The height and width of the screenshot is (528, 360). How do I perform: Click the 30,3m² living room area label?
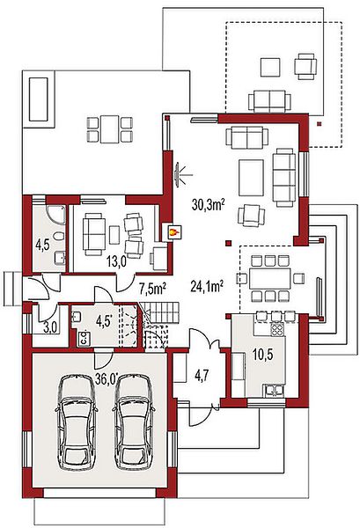coord(208,204)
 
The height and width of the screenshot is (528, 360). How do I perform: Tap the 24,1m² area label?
coord(207,286)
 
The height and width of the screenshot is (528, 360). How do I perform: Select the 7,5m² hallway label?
coord(152,289)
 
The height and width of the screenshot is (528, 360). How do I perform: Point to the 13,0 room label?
coord(116,261)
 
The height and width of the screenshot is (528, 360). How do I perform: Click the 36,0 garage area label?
coord(107,378)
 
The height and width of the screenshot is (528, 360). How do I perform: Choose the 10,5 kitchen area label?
coord(263,355)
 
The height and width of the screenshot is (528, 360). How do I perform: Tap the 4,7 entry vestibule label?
coord(202,375)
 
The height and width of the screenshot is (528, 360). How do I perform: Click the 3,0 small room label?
coord(49,328)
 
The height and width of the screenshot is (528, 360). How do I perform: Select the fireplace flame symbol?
coord(173,232)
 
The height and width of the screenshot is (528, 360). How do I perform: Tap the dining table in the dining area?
coord(269,278)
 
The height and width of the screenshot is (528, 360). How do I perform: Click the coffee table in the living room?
coord(251,178)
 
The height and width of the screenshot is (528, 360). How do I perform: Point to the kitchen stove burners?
coord(277,329)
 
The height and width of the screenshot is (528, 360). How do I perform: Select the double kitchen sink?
coord(274,390)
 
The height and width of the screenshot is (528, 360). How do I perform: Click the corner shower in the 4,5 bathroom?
coord(56,214)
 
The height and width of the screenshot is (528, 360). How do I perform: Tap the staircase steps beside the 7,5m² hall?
coord(159,312)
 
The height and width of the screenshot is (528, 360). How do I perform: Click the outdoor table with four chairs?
coord(109,129)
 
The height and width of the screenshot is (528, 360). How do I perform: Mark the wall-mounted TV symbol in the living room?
coord(177,174)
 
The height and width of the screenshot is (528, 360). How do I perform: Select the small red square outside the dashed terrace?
coord(319,124)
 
